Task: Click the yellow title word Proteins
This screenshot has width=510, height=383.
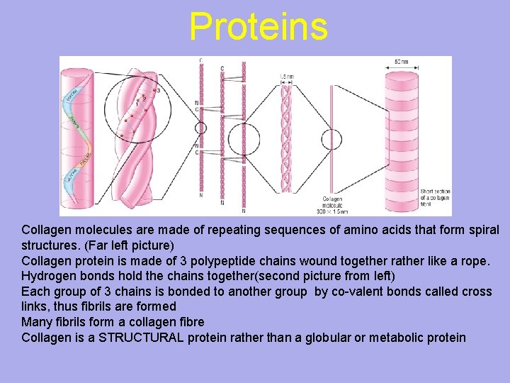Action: click(x=259, y=27)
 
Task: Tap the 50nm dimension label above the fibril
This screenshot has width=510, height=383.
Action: click(x=402, y=62)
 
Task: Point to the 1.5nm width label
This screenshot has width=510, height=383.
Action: click(x=285, y=76)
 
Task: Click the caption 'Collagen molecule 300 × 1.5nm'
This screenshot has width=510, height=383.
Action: click(x=333, y=205)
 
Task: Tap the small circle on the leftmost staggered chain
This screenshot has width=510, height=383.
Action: click(x=200, y=128)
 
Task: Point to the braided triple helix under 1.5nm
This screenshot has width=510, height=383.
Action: click(x=286, y=135)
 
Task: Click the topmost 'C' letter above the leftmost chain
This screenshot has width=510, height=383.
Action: click(x=200, y=60)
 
